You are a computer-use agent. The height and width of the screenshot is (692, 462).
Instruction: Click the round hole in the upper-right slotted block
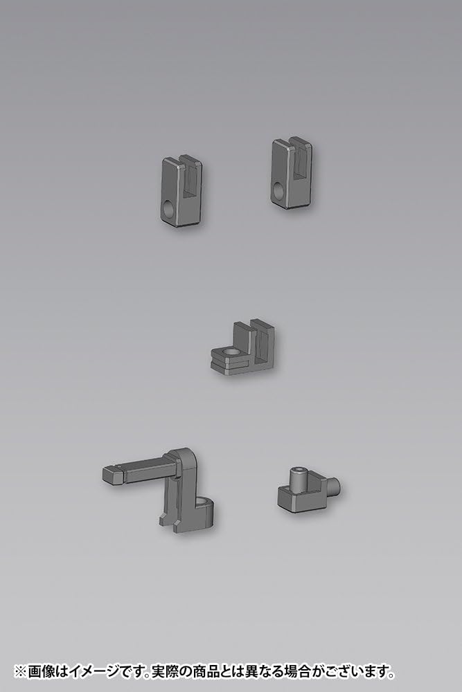(x=279, y=190)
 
